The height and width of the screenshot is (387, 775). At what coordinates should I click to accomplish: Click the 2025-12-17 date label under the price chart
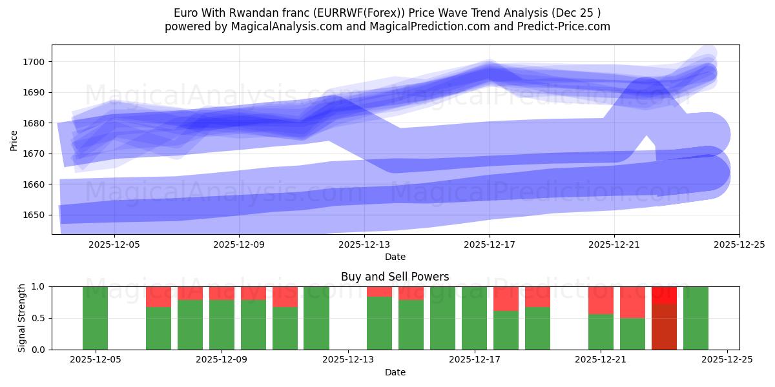tap(489, 244)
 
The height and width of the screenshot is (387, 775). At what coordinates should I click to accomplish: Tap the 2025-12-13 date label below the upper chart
tap(364, 244)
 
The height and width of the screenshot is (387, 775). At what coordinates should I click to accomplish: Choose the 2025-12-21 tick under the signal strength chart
tap(601, 360)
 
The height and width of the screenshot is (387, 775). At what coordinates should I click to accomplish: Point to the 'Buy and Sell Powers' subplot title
tap(395, 277)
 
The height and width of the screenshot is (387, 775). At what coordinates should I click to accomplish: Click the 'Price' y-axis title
tap(14, 139)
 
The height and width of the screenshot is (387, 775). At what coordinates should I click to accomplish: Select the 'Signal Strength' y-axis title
tap(22, 318)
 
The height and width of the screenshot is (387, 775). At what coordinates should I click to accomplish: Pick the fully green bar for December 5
tap(96, 318)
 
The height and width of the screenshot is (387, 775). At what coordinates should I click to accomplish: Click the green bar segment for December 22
tap(632, 333)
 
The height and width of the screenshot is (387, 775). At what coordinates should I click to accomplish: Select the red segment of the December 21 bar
tap(601, 300)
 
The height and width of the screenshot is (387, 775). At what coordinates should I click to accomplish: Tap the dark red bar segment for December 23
tap(664, 326)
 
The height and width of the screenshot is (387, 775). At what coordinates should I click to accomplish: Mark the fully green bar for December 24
tap(696, 318)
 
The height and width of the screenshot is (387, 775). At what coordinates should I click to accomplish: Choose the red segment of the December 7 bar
tap(159, 297)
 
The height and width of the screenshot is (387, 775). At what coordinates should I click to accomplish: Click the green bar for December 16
tap(443, 318)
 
